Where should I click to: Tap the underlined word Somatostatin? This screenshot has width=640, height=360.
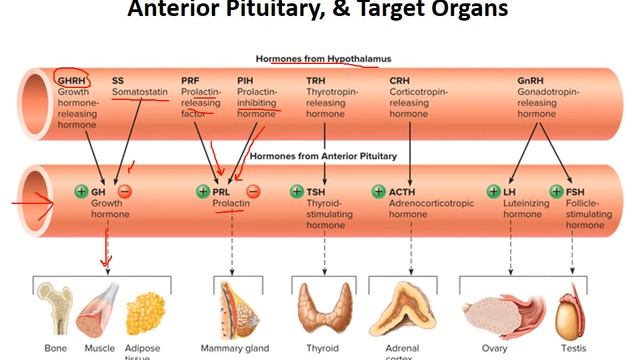tap(137, 92)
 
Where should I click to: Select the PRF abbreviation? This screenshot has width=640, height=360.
tap(189, 80)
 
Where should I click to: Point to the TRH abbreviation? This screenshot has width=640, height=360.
tap(316, 80)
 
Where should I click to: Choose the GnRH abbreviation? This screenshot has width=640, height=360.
tap(531, 80)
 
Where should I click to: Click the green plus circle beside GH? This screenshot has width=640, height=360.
tap(81, 191)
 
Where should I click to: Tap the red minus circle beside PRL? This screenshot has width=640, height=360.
tap(254, 191)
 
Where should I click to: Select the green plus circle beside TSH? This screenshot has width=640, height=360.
tap(296, 191)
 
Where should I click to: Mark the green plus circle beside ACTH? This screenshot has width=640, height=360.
tap(378, 191)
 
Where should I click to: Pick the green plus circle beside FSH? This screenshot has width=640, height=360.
tap(557, 191)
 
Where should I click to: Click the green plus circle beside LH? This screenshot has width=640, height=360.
tap(492, 191)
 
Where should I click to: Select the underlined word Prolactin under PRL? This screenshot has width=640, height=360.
tap(231, 203)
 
